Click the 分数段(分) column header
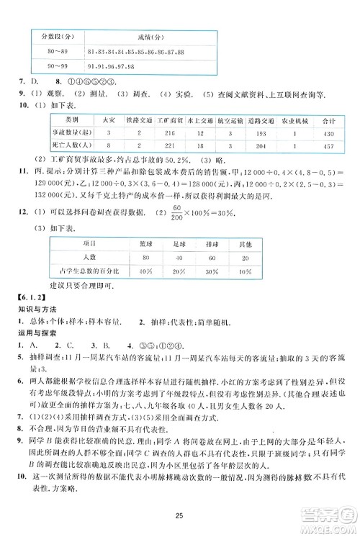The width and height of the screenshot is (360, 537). click(x=52, y=36)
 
